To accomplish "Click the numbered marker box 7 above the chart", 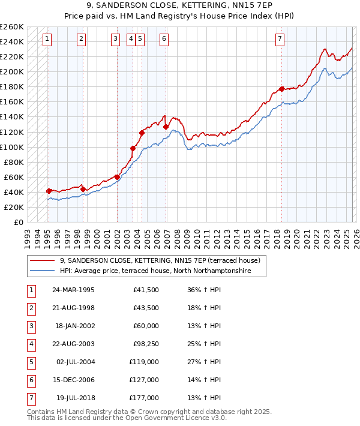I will click(x=280, y=40).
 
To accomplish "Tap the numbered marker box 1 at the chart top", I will click(x=47, y=40).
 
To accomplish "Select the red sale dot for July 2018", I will click(x=281, y=89).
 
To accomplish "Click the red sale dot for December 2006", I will click(x=166, y=127).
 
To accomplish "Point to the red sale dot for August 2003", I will click(x=133, y=148).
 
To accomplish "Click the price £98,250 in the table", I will click(x=144, y=344).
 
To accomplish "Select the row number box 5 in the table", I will click(x=31, y=362).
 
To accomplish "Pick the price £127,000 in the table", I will click(x=144, y=380).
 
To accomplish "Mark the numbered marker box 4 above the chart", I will click(x=131, y=40).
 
